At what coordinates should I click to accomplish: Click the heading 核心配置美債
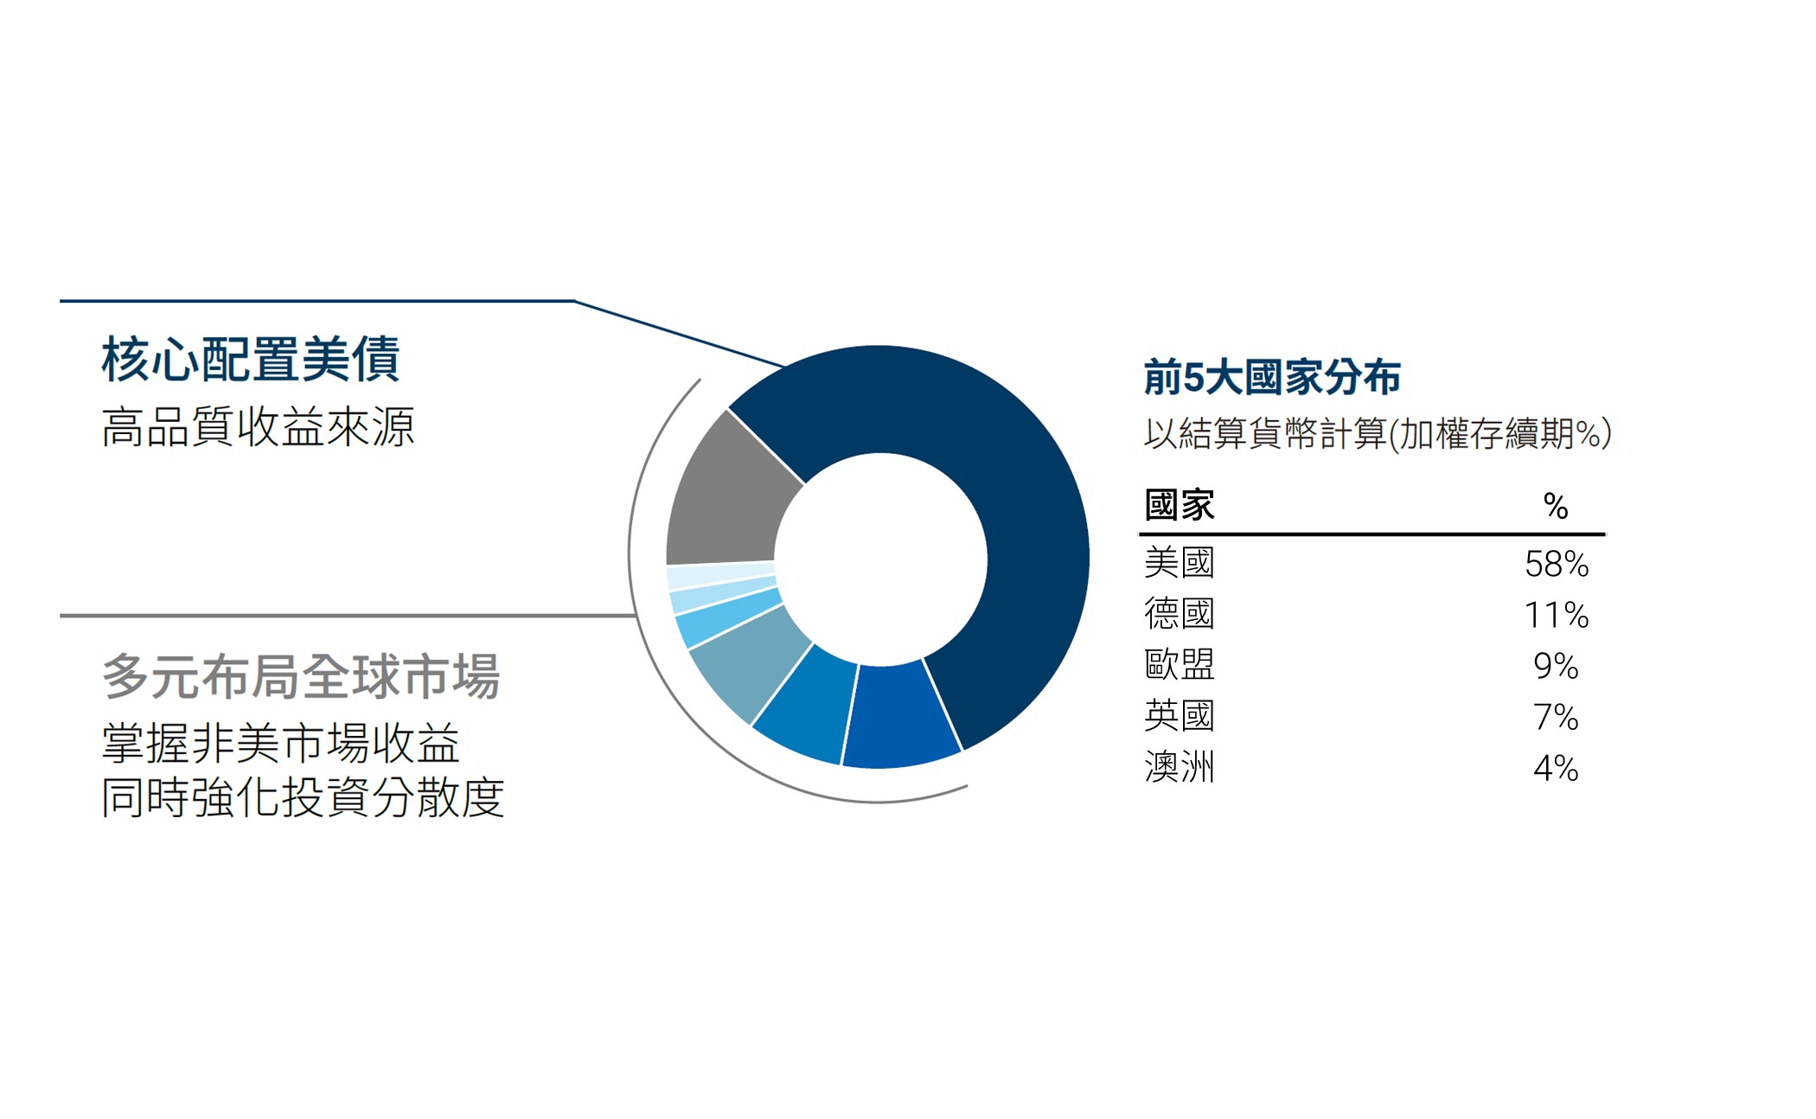click(251, 360)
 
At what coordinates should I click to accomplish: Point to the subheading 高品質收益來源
click(258, 427)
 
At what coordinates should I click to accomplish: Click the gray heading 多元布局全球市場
click(301, 676)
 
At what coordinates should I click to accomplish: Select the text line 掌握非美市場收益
click(280, 744)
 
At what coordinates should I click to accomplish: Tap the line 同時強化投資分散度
click(303, 797)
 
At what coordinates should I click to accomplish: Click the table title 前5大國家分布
click(1271, 378)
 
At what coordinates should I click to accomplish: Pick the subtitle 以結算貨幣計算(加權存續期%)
click(1377, 433)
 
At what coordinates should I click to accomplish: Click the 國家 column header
click(1180, 505)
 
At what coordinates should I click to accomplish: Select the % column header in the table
click(1555, 507)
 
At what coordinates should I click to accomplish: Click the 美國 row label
click(1180, 563)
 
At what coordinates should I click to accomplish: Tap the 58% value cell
click(1557, 565)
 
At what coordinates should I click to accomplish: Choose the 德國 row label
click(1180, 614)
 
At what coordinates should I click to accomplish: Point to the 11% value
click(1557, 616)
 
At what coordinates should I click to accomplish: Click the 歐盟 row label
click(1180, 665)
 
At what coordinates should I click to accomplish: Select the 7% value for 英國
click(1556, 718)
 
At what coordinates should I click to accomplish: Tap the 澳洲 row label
click(1180, 767)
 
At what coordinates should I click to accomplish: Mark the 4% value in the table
click(1556, 769)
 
